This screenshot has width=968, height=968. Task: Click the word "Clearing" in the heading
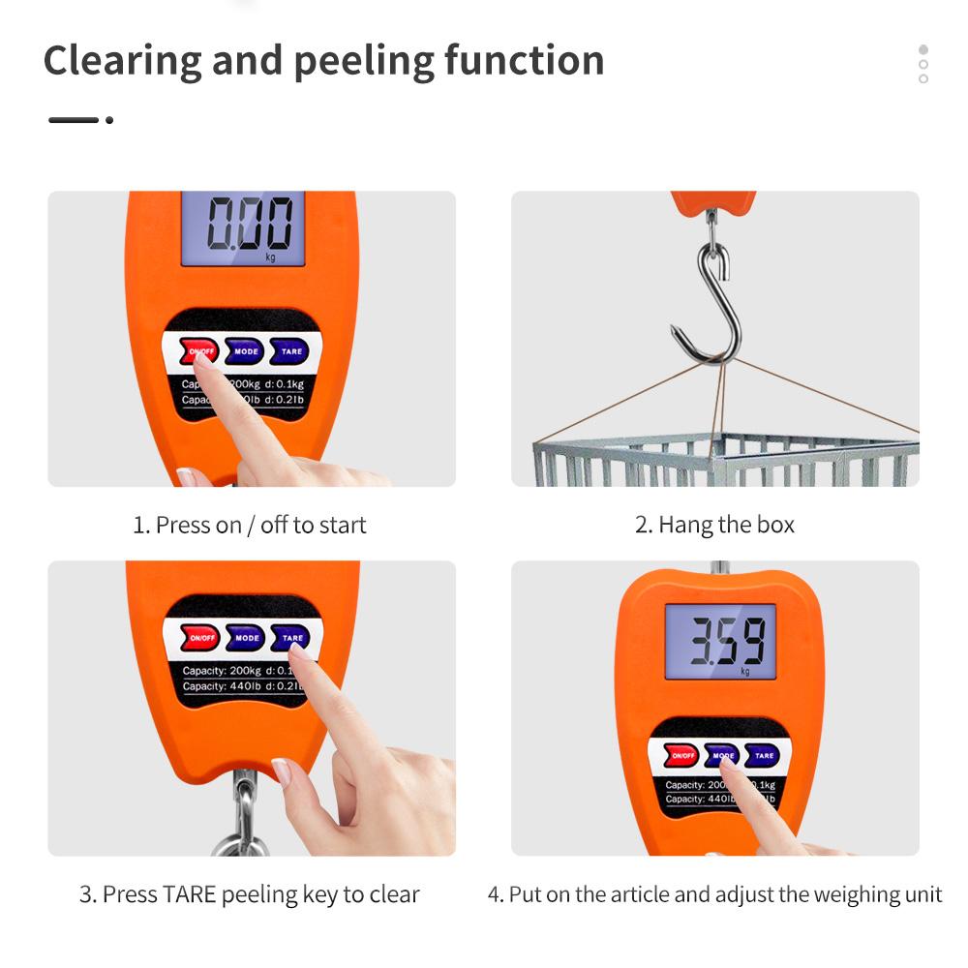click(x=122, y=60)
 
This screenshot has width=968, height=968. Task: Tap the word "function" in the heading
click(x=524, y=60)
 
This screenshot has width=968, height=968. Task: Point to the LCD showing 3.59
click(x=721, y=640)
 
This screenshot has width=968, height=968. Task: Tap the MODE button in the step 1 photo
click(x=245, y=351)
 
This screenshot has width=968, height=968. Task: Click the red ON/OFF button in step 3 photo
click(x=201, y=638)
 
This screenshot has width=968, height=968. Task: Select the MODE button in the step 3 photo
click(x=246, y=638)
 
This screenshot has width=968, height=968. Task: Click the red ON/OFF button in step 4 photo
click(x=681, y=756)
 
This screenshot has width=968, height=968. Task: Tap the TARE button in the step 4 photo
click(x=764, y=756)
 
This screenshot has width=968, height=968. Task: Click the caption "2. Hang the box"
click(x=714, y=525)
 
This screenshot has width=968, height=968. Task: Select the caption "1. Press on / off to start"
click(x=250, y=525)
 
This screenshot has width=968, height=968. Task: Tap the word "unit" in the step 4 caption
click(x=922, y=893)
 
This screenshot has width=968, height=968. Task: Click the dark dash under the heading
click(x=74, y=120)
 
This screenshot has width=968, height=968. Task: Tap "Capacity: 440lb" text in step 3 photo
click(x=222, y=686)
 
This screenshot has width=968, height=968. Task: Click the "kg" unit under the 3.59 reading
click(x=745, y=671)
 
